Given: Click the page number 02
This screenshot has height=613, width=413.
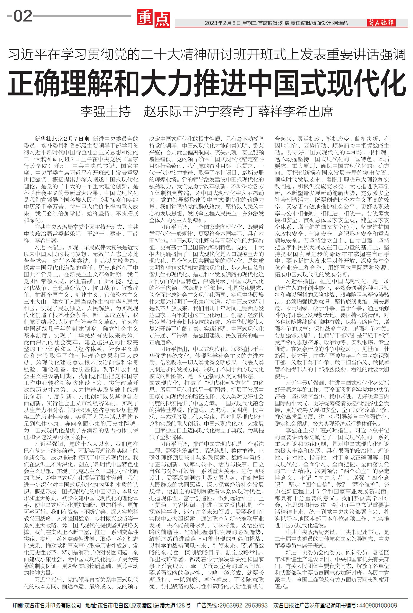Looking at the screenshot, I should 23,16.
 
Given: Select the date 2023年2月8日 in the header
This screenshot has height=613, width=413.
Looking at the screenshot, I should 223,23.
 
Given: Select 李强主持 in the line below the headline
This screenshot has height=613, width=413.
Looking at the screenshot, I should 106,111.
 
